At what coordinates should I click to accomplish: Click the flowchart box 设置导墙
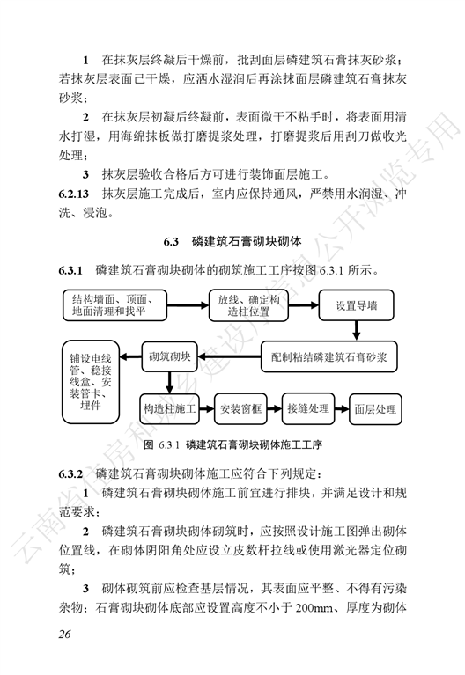coord(356,305)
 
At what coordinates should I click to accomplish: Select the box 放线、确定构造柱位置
coord(248,305)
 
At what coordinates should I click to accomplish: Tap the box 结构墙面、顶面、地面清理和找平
coord(114,305)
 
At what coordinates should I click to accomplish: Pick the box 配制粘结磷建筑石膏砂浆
coord(328,357)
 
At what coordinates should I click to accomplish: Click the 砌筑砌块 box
coord(169,356)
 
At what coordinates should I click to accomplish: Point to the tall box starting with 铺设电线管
coord(91,382)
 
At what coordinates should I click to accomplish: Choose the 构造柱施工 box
coord(169,408)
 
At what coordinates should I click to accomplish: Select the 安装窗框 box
coord(240,408)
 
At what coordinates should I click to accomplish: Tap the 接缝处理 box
coord(307,408)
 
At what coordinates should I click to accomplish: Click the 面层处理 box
coord(375,409)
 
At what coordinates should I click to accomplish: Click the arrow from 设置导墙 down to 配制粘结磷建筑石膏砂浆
coord(356,331)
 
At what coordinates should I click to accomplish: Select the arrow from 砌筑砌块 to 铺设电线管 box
coord(130,357)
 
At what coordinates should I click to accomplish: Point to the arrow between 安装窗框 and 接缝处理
coord(275,408)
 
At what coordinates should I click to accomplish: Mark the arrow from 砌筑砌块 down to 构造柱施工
coord(169,383)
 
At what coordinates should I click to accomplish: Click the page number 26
coord(64,634)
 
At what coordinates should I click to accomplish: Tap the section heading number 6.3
coord(171,241)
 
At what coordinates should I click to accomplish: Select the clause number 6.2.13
coord(74,194)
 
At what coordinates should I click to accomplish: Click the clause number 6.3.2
coord(70,474)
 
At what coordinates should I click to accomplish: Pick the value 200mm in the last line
coord(314,608)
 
